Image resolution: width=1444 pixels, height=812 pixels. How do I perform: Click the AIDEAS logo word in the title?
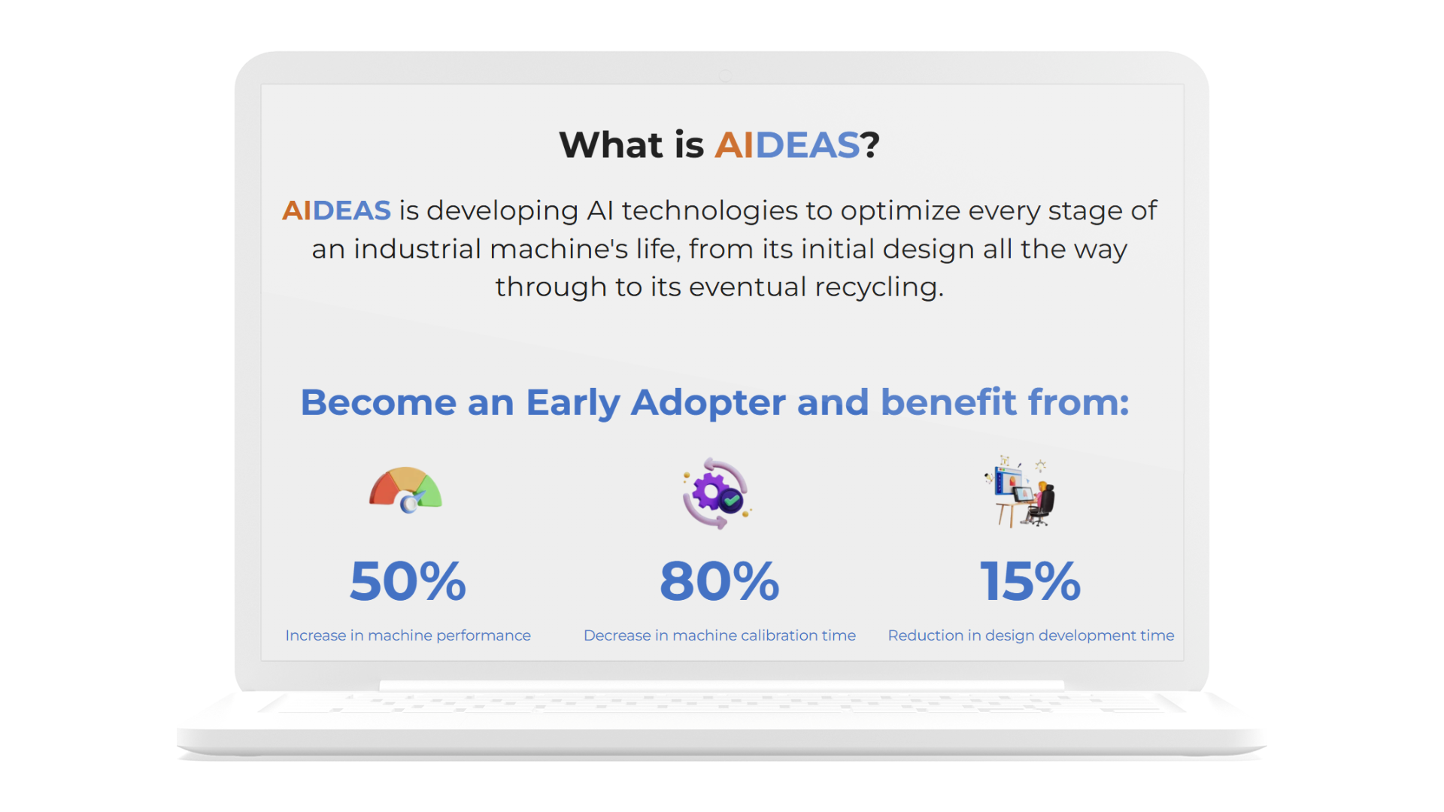pyautogui.click(x=787, y=144)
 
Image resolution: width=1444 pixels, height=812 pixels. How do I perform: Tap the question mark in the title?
pyautogui.click(x=870, y=144)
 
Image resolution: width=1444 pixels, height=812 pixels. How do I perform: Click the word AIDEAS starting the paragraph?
pyautogui.click(x=336, y=211)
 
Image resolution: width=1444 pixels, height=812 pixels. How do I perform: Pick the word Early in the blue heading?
pyautogui.click(x=573, y=404)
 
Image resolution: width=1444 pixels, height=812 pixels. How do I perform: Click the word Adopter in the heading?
pyautogui.click(x=708, y=404)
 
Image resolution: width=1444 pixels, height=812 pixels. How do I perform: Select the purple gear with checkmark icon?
pyautogui.click(x=716, y=493)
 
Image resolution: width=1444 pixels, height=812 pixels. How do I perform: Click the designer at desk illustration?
pyautogui.click(x=1021, y=492)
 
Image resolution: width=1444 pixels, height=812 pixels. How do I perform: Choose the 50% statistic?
pyautogui.click(x=408, y=581)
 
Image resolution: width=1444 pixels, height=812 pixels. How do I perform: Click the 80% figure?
pyautogui.click(x=720, y=581)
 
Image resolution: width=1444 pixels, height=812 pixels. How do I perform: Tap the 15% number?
pyautogui.click(x=1030, y=581)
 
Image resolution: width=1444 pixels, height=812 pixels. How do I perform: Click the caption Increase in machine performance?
pyautogui.click(x=408, y=635)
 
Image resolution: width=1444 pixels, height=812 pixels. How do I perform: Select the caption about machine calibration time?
pyautogui.click(x=720, y=635)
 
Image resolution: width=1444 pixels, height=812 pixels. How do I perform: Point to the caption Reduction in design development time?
pyautogui.click(x=1031, y=635)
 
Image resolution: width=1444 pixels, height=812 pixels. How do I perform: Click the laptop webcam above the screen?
pyautogui.click(x=725, y=75)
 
